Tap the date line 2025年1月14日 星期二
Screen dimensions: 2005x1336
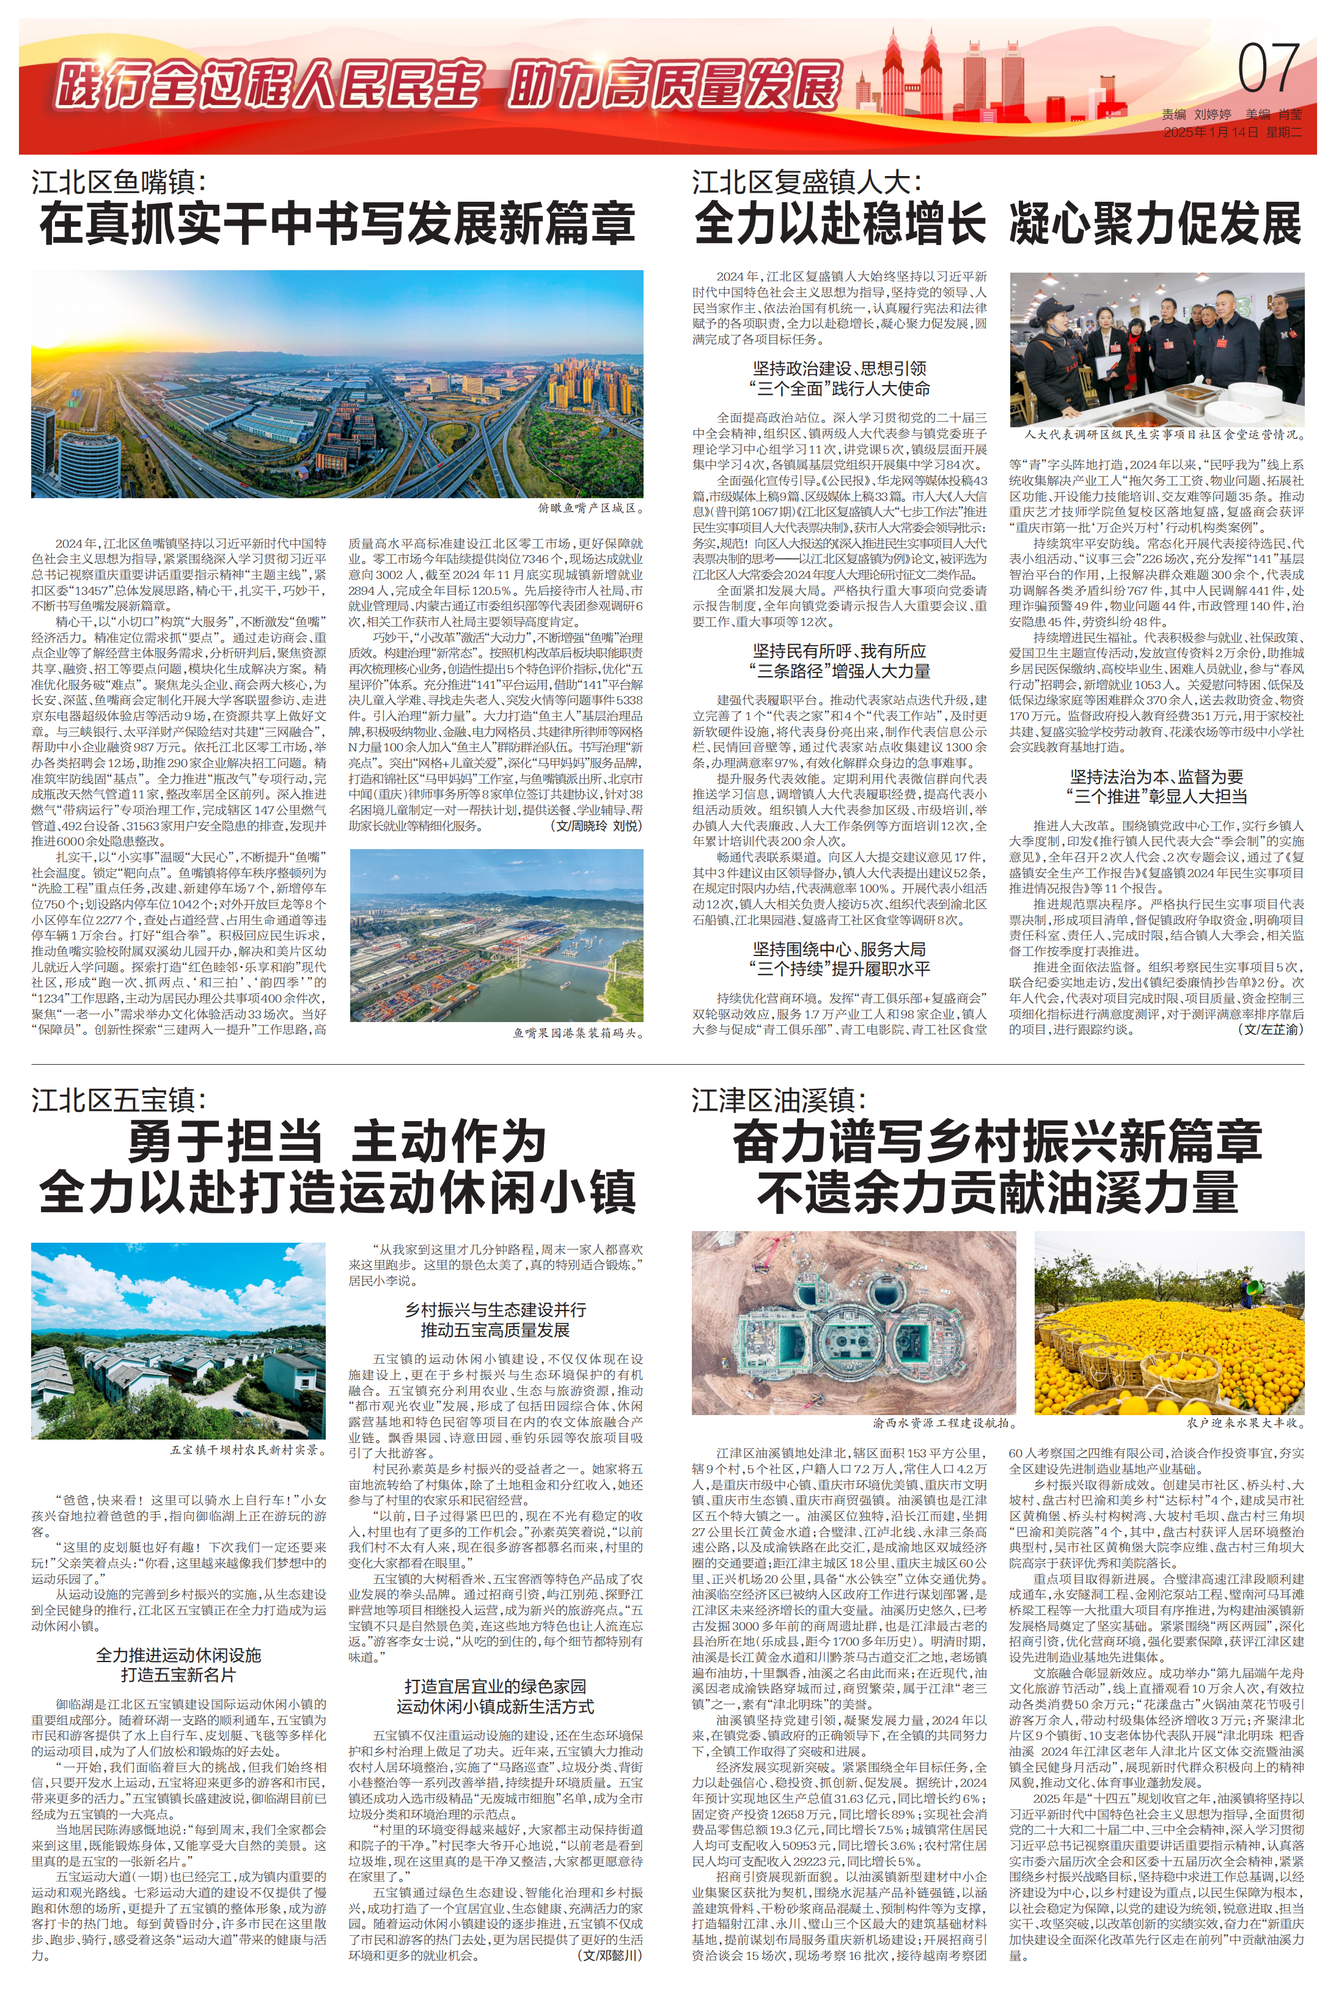tap(1232, 132)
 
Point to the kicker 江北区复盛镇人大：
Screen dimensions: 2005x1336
tap(807, 182)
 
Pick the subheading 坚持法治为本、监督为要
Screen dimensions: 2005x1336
tap(1156, 776)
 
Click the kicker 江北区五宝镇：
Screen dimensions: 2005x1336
tap(119, 1100)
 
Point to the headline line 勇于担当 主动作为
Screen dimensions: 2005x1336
tap(337, 1142)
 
